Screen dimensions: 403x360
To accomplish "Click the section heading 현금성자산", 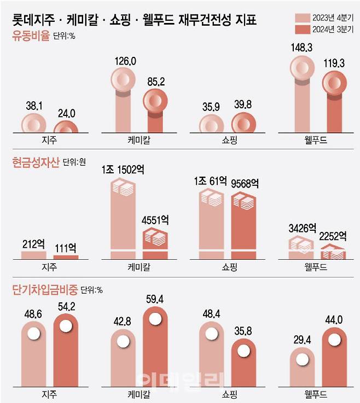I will [36, 162].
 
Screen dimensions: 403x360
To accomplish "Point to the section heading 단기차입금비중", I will [45, 289].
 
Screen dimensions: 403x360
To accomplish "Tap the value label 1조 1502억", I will [123, 171].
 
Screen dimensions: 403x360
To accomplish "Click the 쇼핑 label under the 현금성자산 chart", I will [228, 267].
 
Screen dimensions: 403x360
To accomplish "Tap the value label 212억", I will [33, 243].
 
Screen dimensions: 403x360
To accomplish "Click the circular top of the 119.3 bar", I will [335, 84].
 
